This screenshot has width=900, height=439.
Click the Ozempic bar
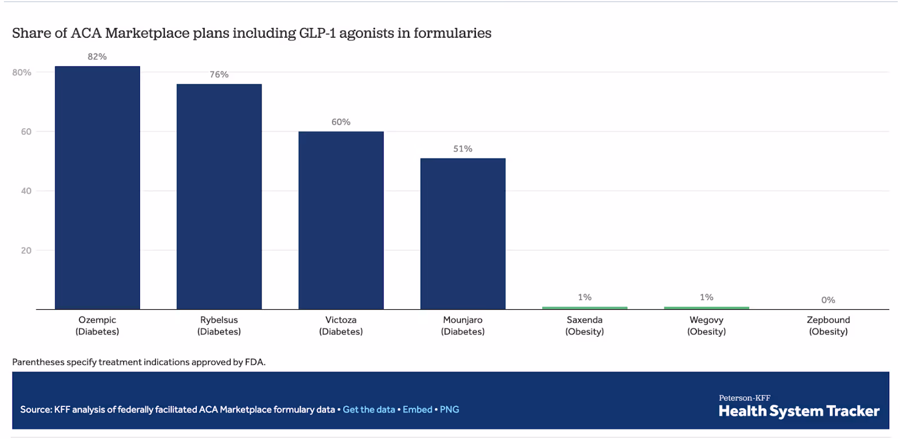97,188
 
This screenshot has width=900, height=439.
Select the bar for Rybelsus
219,197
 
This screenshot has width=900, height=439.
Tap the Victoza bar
341,220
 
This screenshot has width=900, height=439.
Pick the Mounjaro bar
462,234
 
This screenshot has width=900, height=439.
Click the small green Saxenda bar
584,308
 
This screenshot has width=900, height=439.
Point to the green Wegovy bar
706,308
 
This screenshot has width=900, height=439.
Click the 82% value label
97,57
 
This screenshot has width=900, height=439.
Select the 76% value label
219,75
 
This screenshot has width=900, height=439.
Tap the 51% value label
462,149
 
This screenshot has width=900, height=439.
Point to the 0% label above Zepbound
828,300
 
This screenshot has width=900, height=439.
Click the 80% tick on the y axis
22,73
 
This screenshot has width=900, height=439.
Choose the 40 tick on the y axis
26,191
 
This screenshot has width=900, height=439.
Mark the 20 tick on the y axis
26,251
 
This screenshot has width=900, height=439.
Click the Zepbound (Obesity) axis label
828,325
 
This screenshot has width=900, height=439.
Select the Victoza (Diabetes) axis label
341,325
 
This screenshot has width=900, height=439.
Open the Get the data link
369,410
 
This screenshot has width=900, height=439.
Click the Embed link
417,410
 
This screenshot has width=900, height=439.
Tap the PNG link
449,410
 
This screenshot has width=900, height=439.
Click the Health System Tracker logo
799,407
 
